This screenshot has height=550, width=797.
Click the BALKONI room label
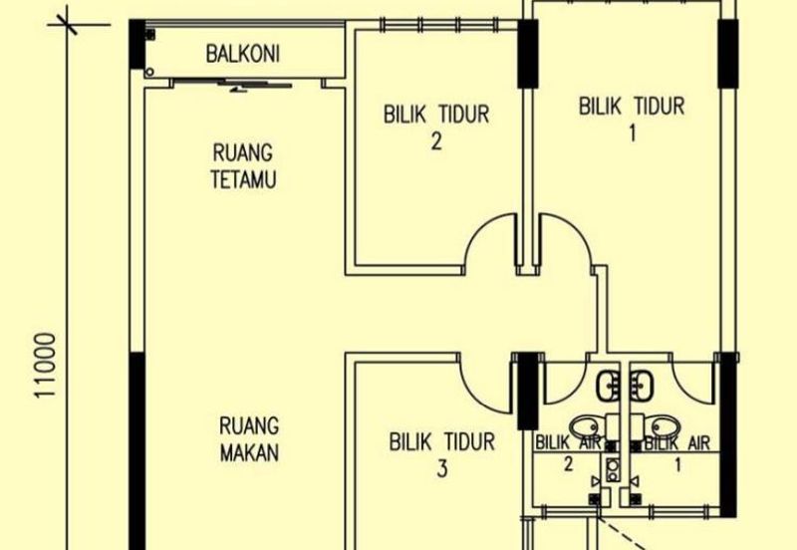pyautogui.click(x=242, y=54)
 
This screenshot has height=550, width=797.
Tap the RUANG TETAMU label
pyautogui.click(x=243, y=166)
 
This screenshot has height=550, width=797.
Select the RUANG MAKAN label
pyautogui.click(x=249, y=438)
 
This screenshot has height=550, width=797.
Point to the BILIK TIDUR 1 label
pyautogui.click(x=632, y=119)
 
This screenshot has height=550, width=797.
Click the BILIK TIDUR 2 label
pyautogui.click(x=436, y=128)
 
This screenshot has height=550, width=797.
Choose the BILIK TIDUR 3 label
pyautogui.click(x=441, y=454)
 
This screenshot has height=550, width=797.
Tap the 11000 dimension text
pyautogui.click(x=45, y=366)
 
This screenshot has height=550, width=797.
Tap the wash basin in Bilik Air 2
pyautogui.click(x=608, y=386)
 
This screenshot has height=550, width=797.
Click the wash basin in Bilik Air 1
pyautogui.click(x=642, y=386)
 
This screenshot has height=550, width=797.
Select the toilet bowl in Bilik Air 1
pyautogui.click(x=665, y=426)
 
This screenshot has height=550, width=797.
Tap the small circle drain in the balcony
pyautogui.click(x=148, y=73)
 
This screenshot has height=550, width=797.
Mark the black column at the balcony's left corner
pyautogui.click(x=136, y=44)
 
